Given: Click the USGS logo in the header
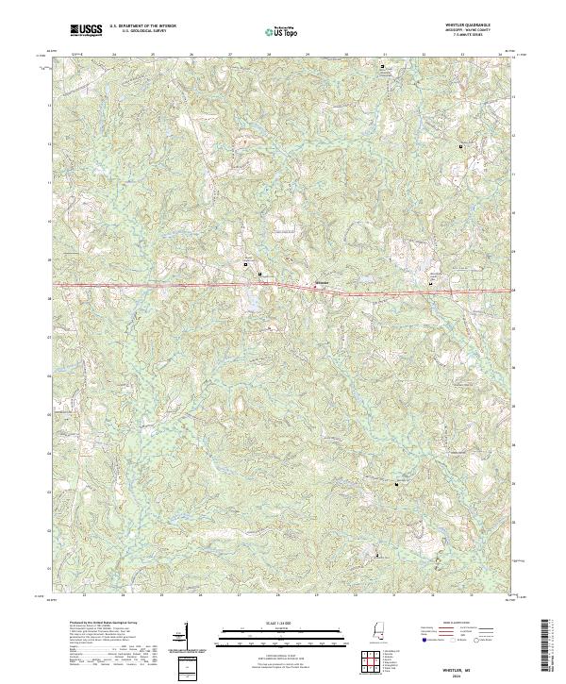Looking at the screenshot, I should pos(86,30).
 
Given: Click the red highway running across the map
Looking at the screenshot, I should pos(189,285).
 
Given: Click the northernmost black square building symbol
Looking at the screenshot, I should pos(382,67).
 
